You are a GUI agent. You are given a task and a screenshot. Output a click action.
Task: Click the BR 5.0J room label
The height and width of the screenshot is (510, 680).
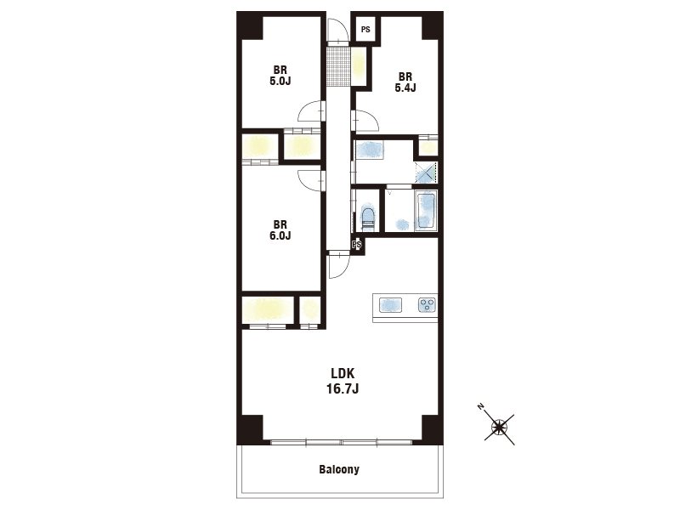(280, 76)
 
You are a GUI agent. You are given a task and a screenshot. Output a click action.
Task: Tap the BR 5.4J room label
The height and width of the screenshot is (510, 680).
(405, 82)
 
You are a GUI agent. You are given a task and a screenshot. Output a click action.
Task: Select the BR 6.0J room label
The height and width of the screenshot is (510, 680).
(280, 230)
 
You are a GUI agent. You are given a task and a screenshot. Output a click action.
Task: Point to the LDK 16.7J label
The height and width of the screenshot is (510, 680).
(343, 381)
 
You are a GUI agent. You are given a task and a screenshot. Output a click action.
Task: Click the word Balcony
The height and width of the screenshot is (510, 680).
(339, 469)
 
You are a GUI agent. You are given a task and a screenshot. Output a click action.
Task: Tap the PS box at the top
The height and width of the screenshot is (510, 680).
(365, 30)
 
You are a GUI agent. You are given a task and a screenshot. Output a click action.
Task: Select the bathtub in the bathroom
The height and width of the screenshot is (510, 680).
(426, 212)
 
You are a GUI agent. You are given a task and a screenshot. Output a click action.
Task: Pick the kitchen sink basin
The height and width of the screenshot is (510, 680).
(391, 305)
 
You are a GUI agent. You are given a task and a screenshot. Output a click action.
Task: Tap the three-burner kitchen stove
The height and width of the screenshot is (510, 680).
(428, 304)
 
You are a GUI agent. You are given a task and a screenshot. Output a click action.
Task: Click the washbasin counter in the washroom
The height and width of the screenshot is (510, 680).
(370, 150)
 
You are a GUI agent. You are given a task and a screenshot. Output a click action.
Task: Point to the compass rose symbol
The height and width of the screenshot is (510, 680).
(500, 428)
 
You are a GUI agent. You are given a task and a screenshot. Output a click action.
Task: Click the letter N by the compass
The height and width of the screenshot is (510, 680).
(480, 406)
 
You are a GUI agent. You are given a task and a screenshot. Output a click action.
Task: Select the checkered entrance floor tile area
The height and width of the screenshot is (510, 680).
(337, 66)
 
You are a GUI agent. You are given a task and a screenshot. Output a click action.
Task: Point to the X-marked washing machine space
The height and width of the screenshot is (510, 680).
(426, 173)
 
